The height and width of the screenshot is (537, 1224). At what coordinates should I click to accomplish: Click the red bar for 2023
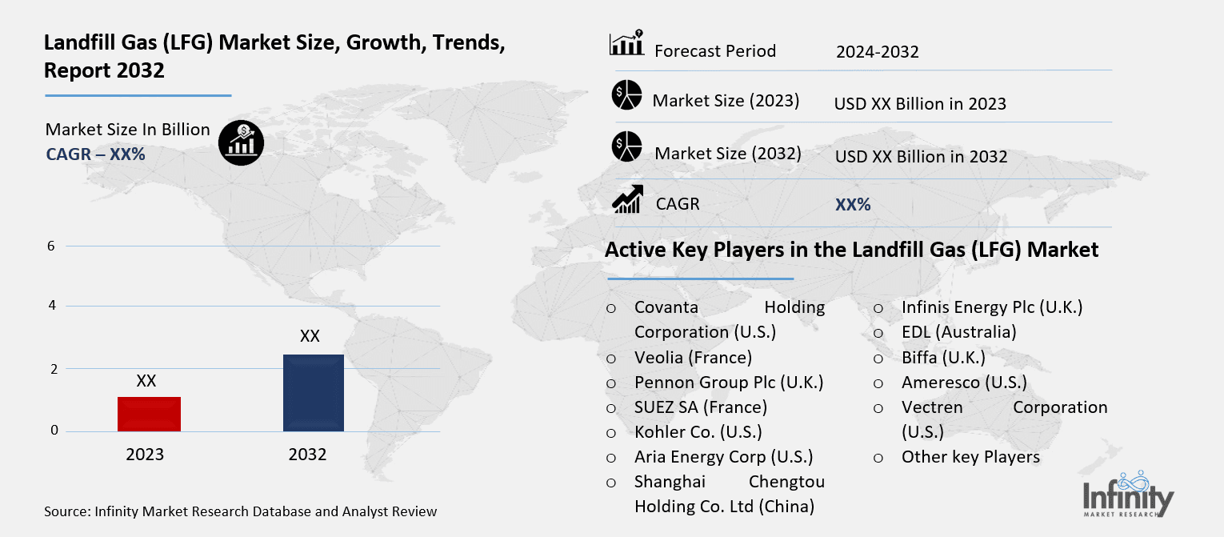coord(149,414)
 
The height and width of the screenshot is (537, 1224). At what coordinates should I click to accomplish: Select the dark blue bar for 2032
coord(313,392)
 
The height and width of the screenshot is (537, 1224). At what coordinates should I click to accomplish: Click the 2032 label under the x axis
coord(307,455)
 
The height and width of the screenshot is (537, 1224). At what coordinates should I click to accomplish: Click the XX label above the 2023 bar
coord(146,381)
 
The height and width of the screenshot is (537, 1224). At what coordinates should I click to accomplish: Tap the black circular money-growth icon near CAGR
coord(241,143)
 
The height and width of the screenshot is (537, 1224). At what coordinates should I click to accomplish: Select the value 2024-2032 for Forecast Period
coord(877,52)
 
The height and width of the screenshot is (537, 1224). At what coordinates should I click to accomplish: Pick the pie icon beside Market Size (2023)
coord(627,95)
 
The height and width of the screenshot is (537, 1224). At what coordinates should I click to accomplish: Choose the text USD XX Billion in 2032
coord(921,156)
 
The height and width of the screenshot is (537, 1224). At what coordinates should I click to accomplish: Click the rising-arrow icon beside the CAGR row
coord(627,199)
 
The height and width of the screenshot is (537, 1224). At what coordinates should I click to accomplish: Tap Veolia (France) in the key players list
coord(693,357)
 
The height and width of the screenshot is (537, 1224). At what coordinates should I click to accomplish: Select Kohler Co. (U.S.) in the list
coord(698,431)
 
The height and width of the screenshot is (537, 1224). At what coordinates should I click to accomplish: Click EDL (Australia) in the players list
coord(958,331)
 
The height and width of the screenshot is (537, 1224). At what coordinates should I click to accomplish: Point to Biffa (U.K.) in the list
coord(943,357)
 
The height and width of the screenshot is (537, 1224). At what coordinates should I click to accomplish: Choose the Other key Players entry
coord(970,457)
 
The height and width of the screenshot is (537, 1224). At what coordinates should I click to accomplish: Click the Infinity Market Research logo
coord(1129,494)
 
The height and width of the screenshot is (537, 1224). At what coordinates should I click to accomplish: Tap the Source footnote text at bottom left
coord(241,511)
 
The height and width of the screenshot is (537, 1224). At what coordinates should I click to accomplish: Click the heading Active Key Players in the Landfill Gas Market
coord(851,250)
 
